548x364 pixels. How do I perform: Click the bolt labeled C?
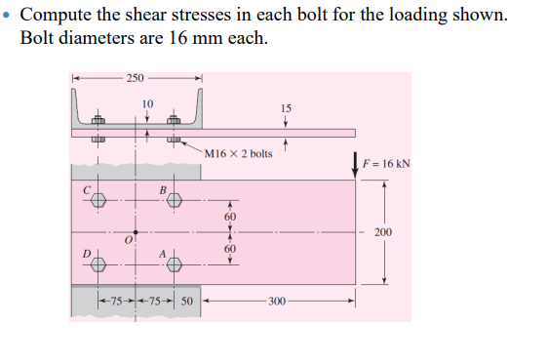point(98,200)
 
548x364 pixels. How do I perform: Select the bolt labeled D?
point(98,265)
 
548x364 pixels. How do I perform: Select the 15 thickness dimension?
point(285,107)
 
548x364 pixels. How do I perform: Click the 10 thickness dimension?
point(147,102)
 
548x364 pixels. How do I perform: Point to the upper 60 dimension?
point(230,216)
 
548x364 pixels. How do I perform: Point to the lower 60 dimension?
point(230,249)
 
